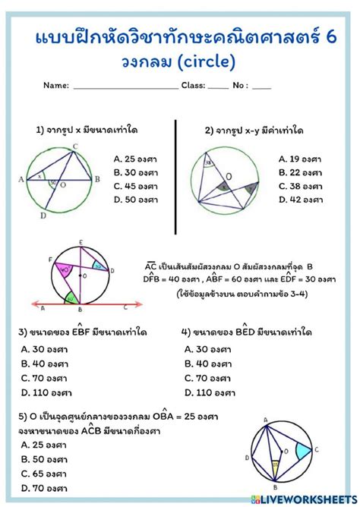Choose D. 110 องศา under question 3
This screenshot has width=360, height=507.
coord(48,392)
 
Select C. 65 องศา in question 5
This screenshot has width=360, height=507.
coord(45,474)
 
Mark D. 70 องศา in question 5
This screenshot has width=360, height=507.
coord(45,488)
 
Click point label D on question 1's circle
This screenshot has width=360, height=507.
coord(43,216)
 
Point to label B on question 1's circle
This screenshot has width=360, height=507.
coord(97,179)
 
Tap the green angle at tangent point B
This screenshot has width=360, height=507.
coord(73,298)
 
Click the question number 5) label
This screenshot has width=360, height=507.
coord(22,417)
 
